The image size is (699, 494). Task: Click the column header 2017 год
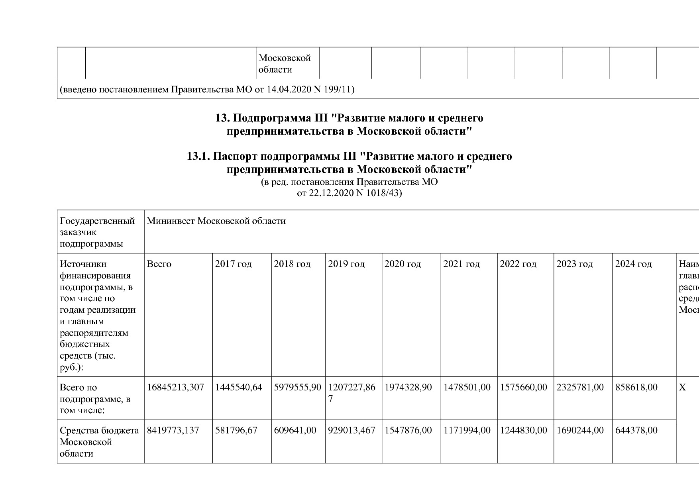(x=234, y=264)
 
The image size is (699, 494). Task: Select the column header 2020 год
(x=403, y=264)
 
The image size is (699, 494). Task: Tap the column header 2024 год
(x=634, y=264)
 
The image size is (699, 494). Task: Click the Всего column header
(x=159, y=264)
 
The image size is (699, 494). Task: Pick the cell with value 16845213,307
(x=175, y=387)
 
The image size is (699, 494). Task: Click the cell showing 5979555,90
(x=298, y=387)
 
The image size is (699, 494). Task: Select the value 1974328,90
(x=408, y=387)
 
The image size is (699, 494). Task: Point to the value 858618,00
(x=636, y=387)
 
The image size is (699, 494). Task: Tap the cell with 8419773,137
(x=173, y=430)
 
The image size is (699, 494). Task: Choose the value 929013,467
(x=352, y=430)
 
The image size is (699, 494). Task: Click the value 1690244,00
(x=580, y=430)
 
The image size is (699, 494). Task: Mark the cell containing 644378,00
(x=636, y=430)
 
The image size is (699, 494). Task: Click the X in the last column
(x=682, y=387)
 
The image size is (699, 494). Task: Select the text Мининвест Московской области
(x=216, y=221)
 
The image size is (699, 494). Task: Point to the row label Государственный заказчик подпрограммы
(x=97, y=232)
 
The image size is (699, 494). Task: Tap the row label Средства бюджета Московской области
(x=99, y=442)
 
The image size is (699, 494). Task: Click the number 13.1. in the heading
(x=198, y=156)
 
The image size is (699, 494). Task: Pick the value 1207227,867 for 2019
(x=352, y=393)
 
